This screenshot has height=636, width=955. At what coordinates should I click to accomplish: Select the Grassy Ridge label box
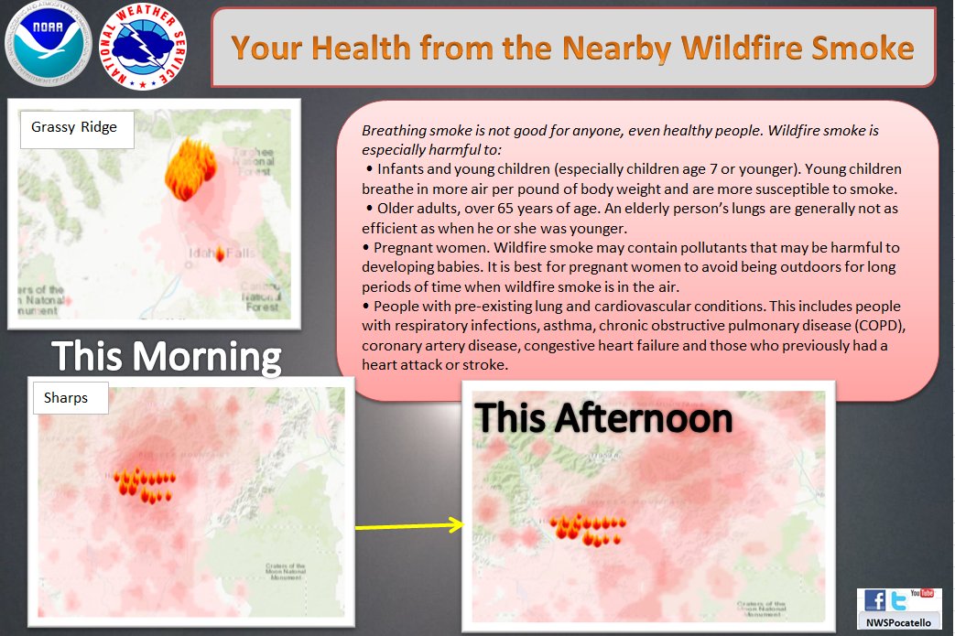pyautogui.click(x=76, y=127)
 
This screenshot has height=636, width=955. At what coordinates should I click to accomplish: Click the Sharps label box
pyautogui.click(x=70, y=398)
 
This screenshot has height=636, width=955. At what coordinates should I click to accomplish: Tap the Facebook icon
pyautogui.click(x=875, y=601)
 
